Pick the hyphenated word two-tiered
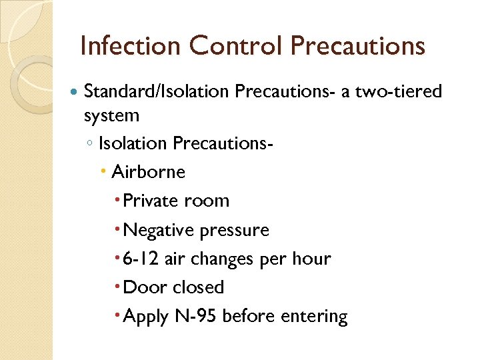398,91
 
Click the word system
111,115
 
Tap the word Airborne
148,172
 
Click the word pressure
233,230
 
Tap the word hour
310,259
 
